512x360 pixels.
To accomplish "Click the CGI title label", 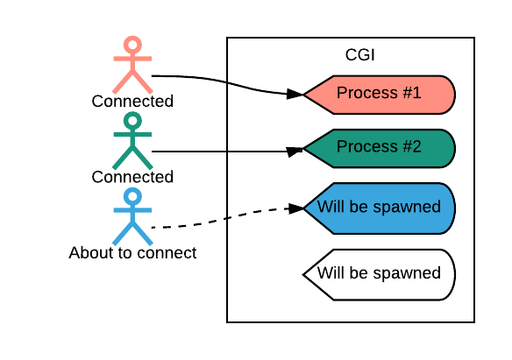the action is [359, 55].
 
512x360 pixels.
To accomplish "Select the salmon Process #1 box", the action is [380, 95].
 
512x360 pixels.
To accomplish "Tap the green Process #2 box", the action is [380, 149].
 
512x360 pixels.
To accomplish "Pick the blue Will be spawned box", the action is [380, 208].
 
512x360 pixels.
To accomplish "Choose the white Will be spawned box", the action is [380, 274].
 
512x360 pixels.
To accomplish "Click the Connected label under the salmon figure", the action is [132, 101].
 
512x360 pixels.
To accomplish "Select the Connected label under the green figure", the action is [132, 177].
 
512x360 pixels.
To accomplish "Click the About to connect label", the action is [132, 253].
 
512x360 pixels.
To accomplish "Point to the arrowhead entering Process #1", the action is [295, 94].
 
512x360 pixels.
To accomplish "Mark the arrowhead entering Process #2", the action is [295, 152].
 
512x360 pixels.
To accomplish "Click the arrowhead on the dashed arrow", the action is [295, 208].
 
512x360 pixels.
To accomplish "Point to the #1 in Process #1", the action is [412, 93].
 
